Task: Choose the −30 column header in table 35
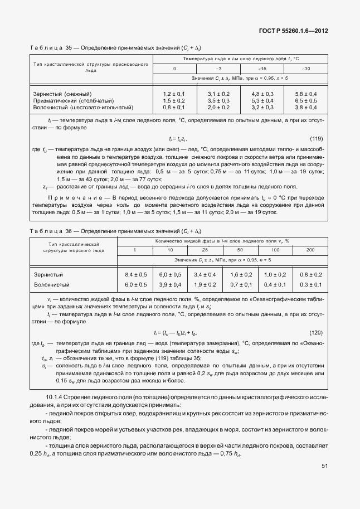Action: click(306, 69)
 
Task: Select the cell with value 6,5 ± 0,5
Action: click(306, 100)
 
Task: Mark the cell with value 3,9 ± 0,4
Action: click(170, 285)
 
